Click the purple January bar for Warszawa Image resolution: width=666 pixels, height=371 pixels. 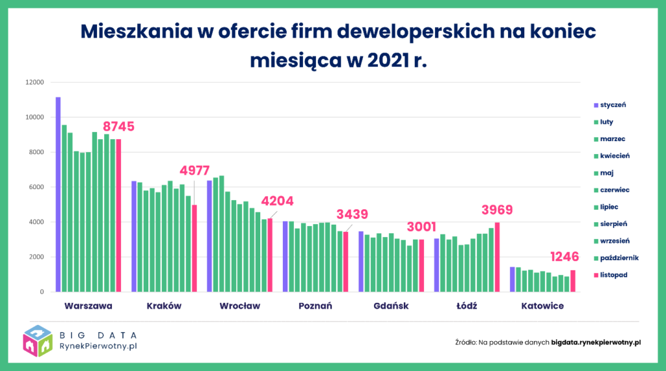point(58,194)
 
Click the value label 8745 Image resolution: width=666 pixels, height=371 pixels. point(118,127)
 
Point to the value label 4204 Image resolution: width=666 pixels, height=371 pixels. point(276,201)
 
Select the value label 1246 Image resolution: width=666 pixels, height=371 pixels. point(566,256)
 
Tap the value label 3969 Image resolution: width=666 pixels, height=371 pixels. point(497,209)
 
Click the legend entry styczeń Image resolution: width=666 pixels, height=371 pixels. point(613,105)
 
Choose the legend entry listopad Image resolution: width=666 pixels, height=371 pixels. point(613,275)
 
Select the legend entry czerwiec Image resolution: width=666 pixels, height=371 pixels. point(615,190)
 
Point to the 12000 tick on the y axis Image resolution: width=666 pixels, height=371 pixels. point(34,83)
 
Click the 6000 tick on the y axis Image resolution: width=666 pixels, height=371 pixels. point(36,187)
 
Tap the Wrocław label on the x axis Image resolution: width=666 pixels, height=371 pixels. point(239,306)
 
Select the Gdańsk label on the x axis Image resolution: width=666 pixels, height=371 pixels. point(391,306)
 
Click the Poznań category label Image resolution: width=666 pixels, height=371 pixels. point(315,306)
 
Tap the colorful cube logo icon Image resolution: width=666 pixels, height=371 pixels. point(38,341)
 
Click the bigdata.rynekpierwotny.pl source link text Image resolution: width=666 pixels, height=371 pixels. point(596,342)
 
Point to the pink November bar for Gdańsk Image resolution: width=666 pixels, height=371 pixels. point(421,266)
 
